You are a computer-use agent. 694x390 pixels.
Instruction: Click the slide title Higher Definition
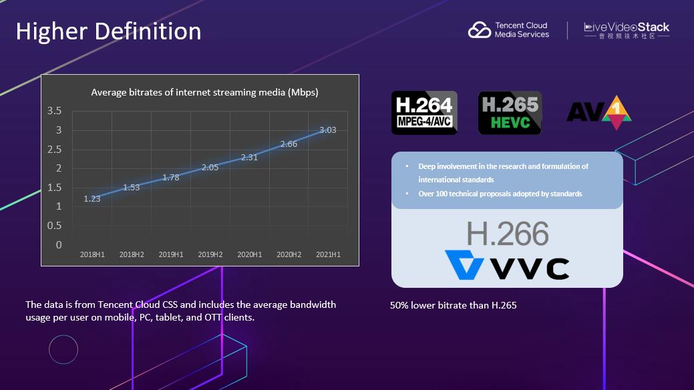pyautogui.click(x=108, y=31)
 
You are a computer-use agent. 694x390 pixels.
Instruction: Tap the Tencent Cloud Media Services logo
pyautogui.click(x=508, y=30)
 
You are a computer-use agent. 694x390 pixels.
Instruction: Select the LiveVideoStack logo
pyautogui.click(x=626, y=31)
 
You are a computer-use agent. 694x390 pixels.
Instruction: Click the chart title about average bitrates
pyautogui.click(x=204, y=93)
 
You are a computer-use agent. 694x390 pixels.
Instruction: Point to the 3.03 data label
pyautogui.click(x=327, y=130)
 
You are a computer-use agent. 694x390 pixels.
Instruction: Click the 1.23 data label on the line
pyautogui.click(x=92, y=198)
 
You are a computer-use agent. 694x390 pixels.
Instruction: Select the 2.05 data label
pyautogui.click(x=210, y=168)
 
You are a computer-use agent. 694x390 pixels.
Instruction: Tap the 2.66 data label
pyautogui.click(x=289, y=144)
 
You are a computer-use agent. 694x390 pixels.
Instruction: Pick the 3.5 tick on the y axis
pyautogui.click(x=54, y=110)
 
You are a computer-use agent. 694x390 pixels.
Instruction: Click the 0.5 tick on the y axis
pyautogui.click(x=54, y=226)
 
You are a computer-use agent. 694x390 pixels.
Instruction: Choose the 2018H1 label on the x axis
pyautogui.click(x=92, y=255)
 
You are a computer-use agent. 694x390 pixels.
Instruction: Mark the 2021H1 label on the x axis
pyautogui.click(x=327, y=255)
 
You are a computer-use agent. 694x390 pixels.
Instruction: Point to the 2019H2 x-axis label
pyautogui.click(x=210, y=255)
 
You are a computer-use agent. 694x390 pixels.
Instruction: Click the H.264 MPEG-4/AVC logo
pyautogui.click(x=424, y=112)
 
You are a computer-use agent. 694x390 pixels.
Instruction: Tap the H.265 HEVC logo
pyautogui.click(x=510, y=112)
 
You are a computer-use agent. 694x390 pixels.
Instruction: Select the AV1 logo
pyautogui.click(x=598, y=112)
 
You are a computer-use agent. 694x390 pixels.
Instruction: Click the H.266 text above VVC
pyautogui.click(x=508, y=234)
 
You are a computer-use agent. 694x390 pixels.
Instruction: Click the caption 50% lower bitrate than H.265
pyautogui.click(x=454, y=306)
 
